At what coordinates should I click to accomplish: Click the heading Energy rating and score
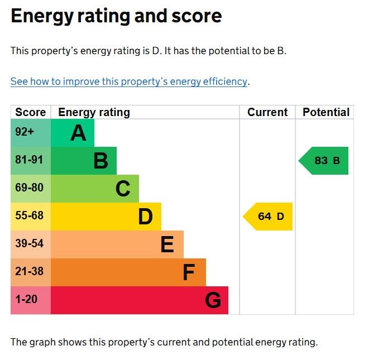point(116,16)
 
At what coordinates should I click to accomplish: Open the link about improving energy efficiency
point(128,81)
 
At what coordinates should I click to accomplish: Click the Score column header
point(31,112)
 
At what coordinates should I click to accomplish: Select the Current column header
point(267,112)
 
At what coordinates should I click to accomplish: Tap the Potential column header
point(326,112)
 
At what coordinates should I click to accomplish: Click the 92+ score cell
point(25,133)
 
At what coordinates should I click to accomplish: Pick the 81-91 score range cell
point(29,160)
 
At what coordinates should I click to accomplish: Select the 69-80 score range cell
point(29,188)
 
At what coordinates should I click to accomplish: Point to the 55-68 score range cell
point(29,216)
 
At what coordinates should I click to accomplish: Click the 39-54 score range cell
point(29,244)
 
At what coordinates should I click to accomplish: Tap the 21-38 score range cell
point(29,272)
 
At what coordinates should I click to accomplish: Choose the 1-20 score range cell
point(26,300)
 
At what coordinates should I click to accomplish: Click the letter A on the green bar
point(79,133)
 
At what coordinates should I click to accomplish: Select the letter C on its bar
point(123,189)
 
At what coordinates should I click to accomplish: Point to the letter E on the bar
point(167,244)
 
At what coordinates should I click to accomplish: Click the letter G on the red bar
point(213,300)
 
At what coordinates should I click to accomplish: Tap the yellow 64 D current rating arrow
point(269,217)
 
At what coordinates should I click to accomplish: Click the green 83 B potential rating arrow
point(324,161)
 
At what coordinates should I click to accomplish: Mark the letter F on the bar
point(189,272)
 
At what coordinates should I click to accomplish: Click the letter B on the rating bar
point(100,161)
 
